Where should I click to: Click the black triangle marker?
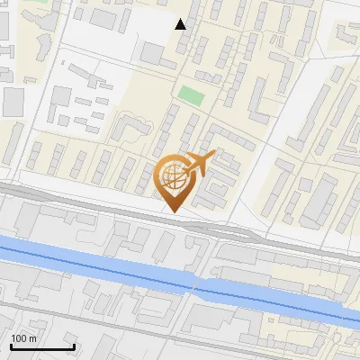(181, 24)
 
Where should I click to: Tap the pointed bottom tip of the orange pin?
(175, 212)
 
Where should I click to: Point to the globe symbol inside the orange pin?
(174, 180)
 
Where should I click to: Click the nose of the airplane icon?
(213, 155)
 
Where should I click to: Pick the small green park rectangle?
(190, 94)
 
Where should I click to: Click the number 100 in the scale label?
(18, 338)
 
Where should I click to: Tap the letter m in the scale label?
(31, 338)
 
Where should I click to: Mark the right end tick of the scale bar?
(74, 345)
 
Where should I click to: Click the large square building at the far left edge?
(12, 103)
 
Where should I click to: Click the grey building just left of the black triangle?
(152, 53)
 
